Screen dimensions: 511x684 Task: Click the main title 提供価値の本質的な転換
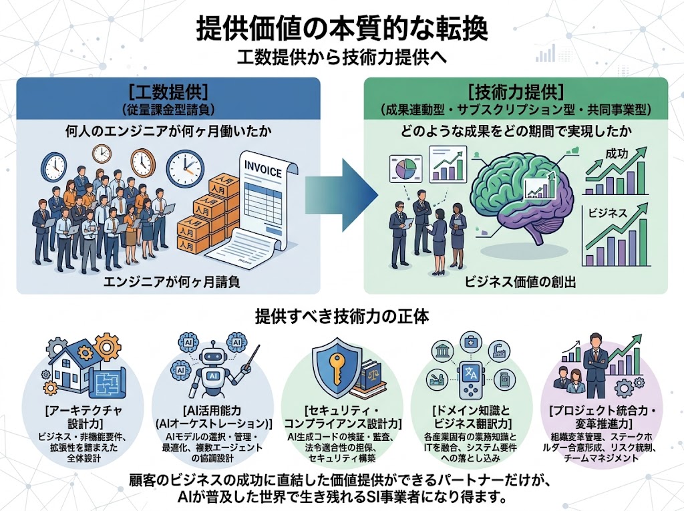coord(342,29)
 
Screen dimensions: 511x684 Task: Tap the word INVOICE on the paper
coord(263,165)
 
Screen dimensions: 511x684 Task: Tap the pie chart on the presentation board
coord(405,168)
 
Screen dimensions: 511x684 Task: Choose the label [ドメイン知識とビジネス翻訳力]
coord(473,417)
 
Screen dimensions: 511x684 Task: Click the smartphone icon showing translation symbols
coord(470,378)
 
